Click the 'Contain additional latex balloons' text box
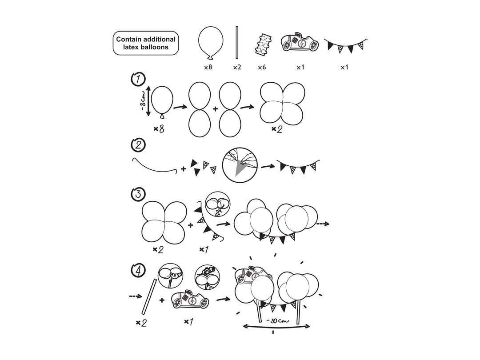pos(146,43)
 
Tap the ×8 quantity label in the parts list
pos(208,67)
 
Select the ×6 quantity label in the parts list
pos(262,67)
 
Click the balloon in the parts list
pos(211,43)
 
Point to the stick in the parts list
pos(237,43)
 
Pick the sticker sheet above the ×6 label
pos(263,44)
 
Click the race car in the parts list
pos(300,42)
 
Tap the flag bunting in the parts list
pos(346,45)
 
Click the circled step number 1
pos(138,79)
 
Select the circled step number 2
pos(138,144)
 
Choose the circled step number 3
pos(138,194)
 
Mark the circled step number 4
pos(138,270)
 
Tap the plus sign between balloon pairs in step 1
pos(215,109)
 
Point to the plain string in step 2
pos(155,168)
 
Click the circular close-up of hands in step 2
pos(240,165)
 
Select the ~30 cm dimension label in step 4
pos(277,321)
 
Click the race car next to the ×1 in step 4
pos(190,300)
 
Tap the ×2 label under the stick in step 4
pos(141,323)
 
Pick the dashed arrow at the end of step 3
pos(323,224)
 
